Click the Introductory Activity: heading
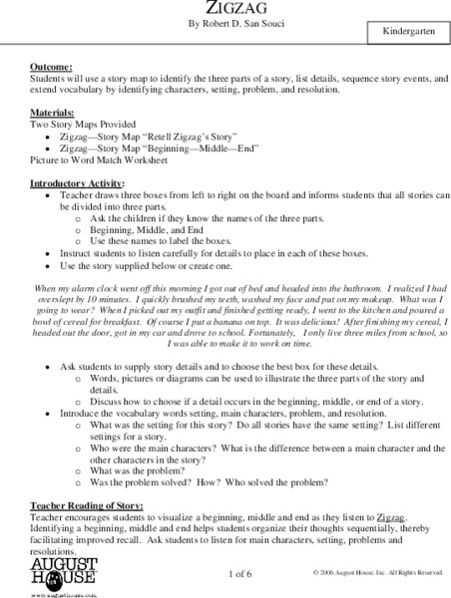point(73,183)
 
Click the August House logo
point(57,575)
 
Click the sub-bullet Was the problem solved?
point(214,481)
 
